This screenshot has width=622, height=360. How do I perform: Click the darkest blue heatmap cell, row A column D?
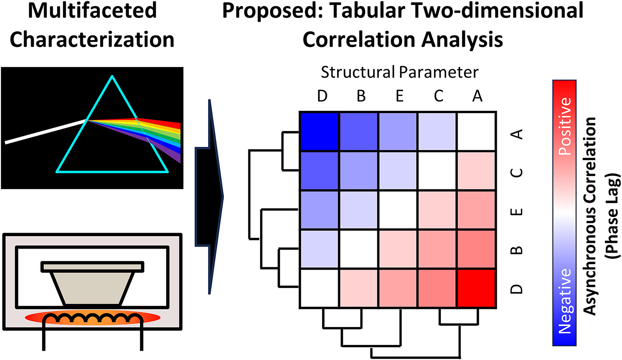(319, 131)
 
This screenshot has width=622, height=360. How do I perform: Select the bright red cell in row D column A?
(476, 288)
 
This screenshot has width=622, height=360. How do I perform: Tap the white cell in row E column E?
(398, 210)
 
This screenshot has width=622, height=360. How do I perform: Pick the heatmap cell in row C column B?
(359, 171)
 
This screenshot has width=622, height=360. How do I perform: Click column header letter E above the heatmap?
(400, 96)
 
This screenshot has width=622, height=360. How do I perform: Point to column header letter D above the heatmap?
(322, 96)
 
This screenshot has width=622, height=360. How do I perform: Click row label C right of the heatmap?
(516, 173)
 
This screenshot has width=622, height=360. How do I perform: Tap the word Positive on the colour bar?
(565, 127)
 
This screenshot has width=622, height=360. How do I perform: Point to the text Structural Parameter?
(400, 72)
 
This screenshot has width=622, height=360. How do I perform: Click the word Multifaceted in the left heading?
(93, 11)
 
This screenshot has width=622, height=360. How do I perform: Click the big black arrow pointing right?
(209, 197)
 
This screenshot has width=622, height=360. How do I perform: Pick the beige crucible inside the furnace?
(93, 282)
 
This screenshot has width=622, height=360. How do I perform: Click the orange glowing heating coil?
(93, 318)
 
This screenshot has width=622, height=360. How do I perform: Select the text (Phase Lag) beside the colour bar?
(613, 216)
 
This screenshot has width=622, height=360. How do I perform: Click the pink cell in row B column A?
(476, 249)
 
